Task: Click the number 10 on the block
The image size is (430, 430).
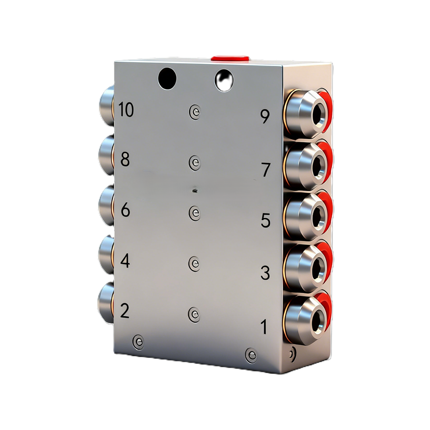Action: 126,110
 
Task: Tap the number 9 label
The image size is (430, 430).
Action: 264,116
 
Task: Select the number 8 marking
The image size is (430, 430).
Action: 125,159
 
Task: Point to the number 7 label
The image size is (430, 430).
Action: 265,170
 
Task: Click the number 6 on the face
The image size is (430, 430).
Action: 125,210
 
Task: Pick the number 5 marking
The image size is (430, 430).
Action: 265,220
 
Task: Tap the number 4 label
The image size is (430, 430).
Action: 125,261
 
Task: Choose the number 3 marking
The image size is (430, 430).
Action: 265,273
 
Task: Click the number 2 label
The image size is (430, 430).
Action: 124,311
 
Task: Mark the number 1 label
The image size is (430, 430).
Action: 264,327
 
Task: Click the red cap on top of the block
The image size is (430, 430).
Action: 230,58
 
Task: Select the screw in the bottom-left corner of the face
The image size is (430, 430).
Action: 138,341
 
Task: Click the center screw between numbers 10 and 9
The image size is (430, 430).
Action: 195,112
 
